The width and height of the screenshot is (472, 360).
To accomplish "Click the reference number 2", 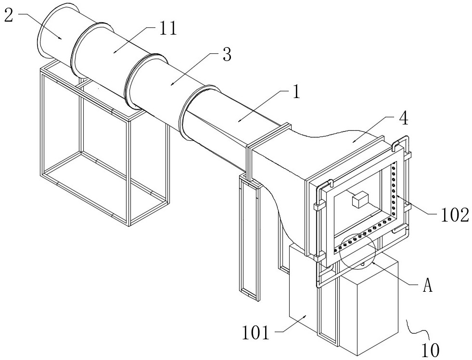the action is (9, 14).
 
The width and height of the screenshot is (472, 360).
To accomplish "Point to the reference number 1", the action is (296, 91).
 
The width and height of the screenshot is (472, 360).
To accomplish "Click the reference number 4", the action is (404, 119).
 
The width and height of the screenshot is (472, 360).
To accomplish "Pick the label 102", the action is (455, 215).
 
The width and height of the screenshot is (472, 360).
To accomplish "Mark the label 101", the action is (255, 333).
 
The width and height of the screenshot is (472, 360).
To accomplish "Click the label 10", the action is (430, 350).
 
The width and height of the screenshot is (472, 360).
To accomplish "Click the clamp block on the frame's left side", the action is (319, 206).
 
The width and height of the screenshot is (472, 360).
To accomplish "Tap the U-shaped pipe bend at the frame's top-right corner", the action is (401, 142).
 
